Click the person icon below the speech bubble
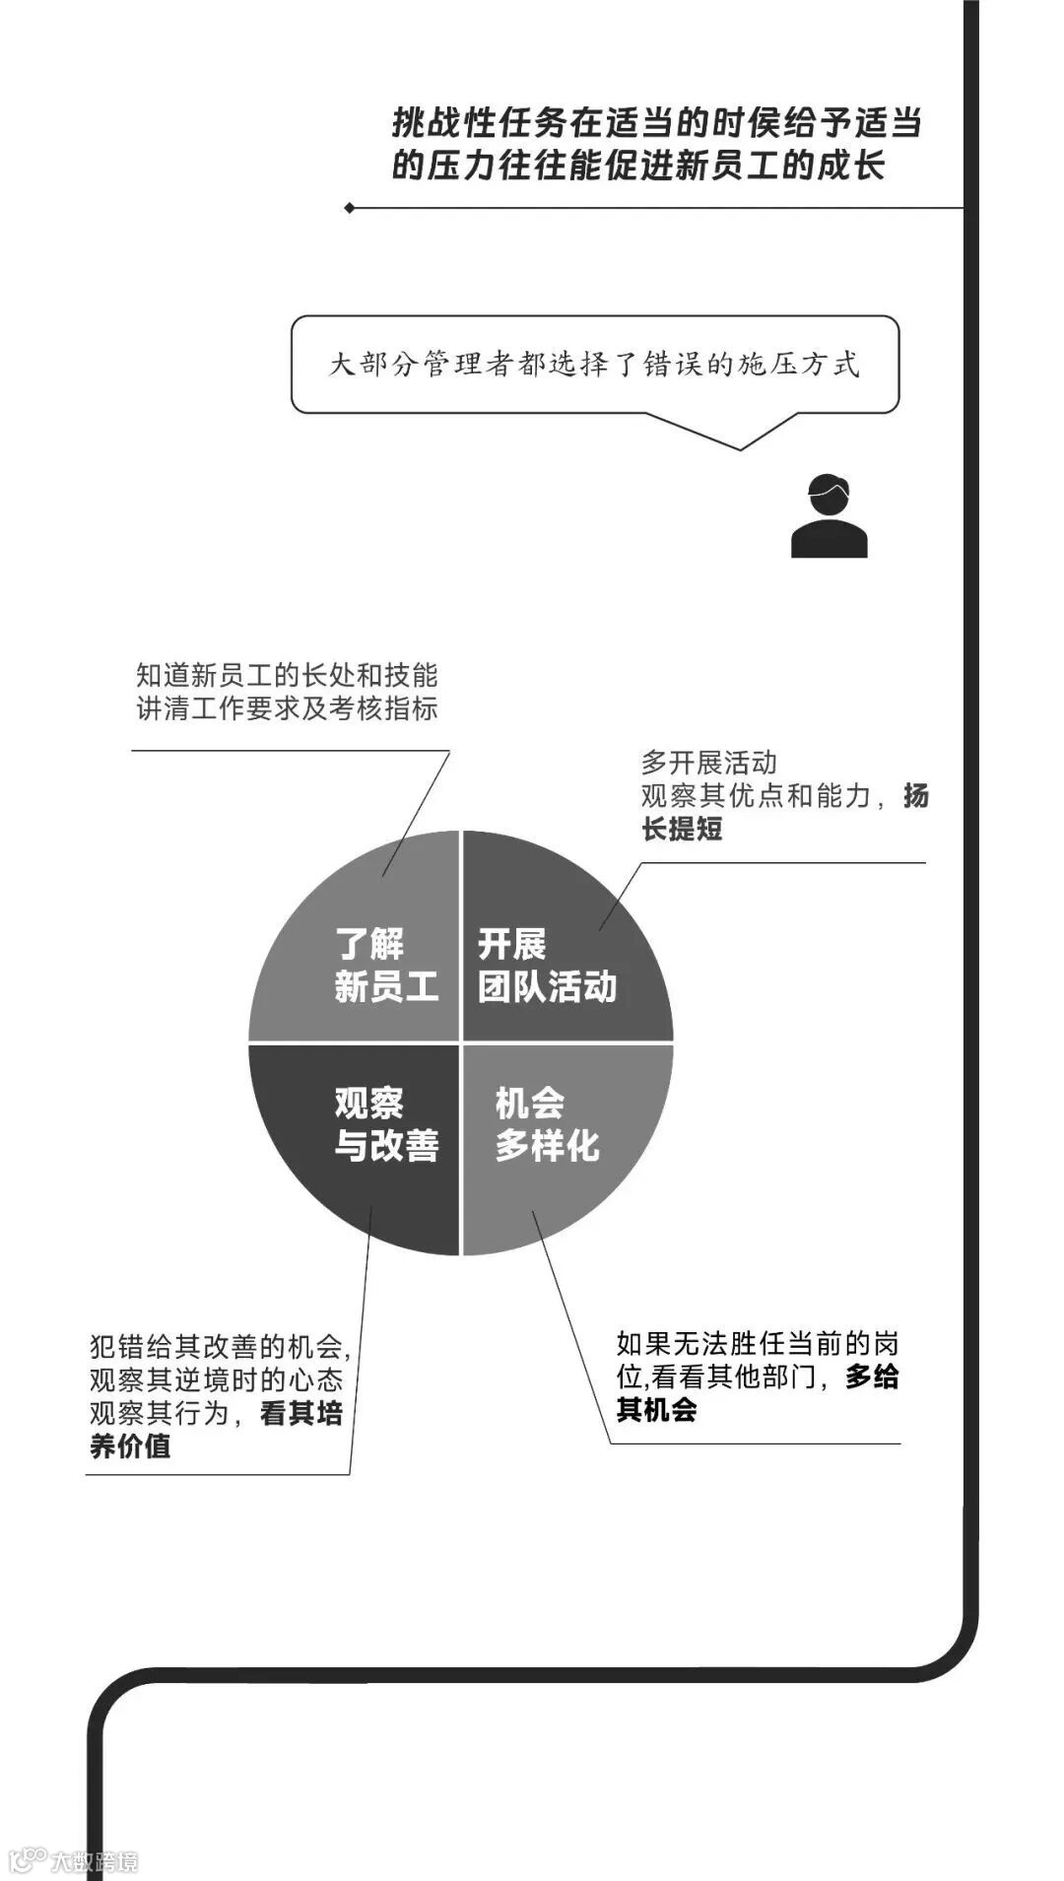829,516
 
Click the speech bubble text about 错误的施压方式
594,365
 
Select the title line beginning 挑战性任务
656,124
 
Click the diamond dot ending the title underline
350,208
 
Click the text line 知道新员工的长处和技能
287,676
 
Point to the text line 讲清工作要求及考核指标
287,708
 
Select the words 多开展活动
708,763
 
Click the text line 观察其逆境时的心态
216,1379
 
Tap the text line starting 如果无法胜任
757,1344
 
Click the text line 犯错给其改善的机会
220,1347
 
